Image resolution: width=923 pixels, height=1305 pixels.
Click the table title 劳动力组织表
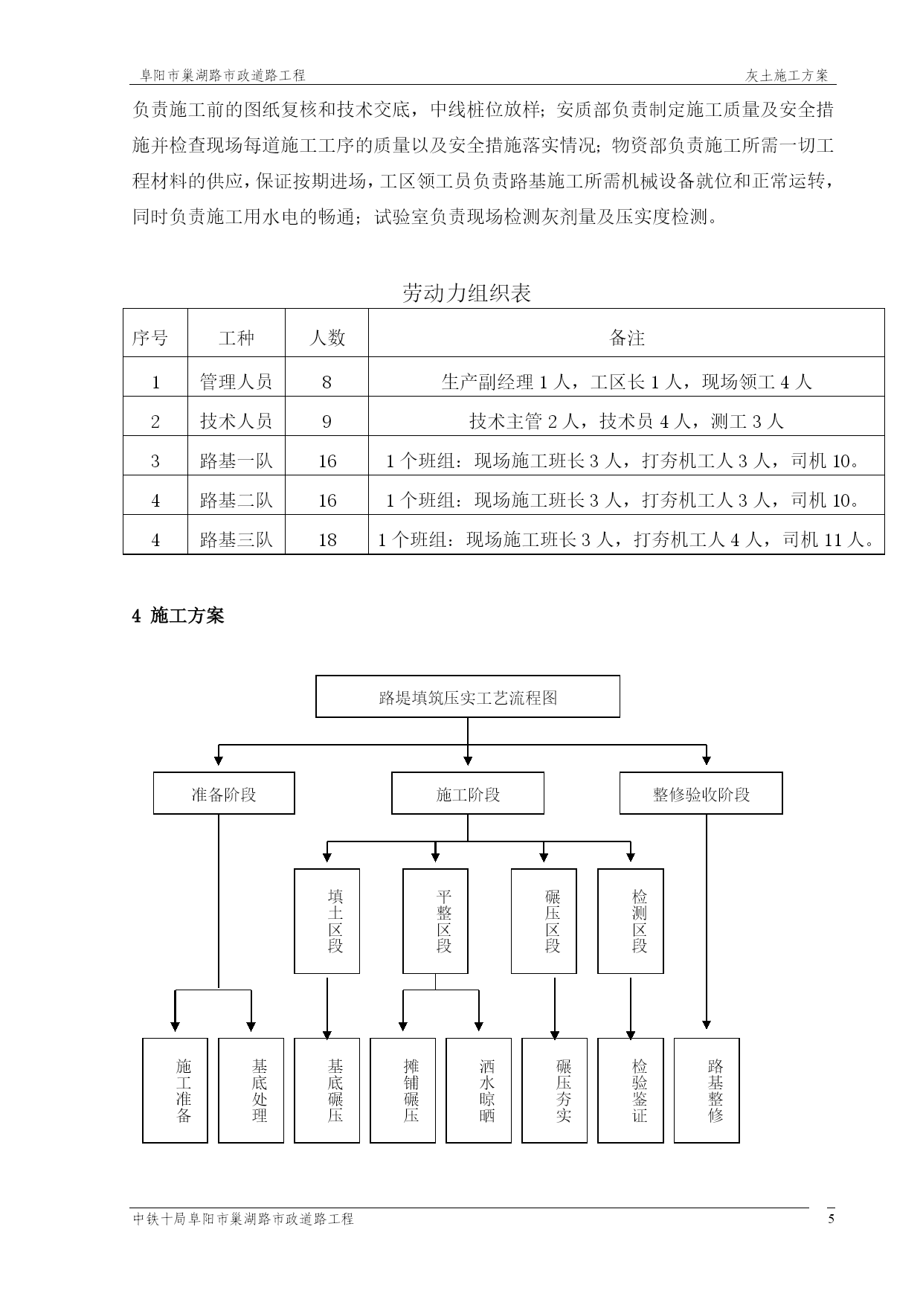pyautogui.click(x=466, y=293)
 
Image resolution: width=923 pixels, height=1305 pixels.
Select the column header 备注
pyautogui.click(x=626, y=338)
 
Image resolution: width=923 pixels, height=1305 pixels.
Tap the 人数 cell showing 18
pyautogui.click(x=327, y=539)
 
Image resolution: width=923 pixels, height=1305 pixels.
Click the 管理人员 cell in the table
pyautogui.click(x=236, y=382)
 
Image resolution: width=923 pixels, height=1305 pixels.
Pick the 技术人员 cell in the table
pyautogui.click(x=236, y=421)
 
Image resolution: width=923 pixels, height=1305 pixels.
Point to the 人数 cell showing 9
pyautogui.click(x=327, y=422)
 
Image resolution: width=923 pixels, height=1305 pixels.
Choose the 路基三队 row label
pyautogui.click(x=236, y=539)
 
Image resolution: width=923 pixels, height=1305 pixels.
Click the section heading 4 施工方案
pyautogui.click(x=178, y=615)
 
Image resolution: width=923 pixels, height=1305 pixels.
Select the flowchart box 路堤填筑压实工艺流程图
pyautogui.click(x=468, y=696)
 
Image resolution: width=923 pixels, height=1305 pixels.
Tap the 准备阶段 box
pyautogui.click(x=224, y=793)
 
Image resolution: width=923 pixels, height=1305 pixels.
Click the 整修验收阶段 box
pyautogui.click(x=701, y=793)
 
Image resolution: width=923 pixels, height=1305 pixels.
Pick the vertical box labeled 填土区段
pyautogui.click(x=327, y=921)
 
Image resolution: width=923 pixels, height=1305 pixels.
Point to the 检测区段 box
pyautogui.click(x=631, y=921)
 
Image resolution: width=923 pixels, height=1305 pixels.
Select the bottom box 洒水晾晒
pyautogui.click(x=479, y=1091)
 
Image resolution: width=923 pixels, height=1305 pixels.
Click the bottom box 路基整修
pyautogui.click(x=707, y=1091)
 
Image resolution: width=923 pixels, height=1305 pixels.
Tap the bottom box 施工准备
pyautogui.click(x=176, y=1091)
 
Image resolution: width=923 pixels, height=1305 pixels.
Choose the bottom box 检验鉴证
pyautogui.click(x=631, y=1091)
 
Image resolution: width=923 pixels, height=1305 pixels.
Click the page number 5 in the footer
pyautogui.click(x=832, y=1219)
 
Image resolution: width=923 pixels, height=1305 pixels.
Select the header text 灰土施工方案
pyautogui.click(x=787, y=76)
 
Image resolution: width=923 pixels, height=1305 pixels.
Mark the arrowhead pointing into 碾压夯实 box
pyautogui.click(x=554, y=1034)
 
